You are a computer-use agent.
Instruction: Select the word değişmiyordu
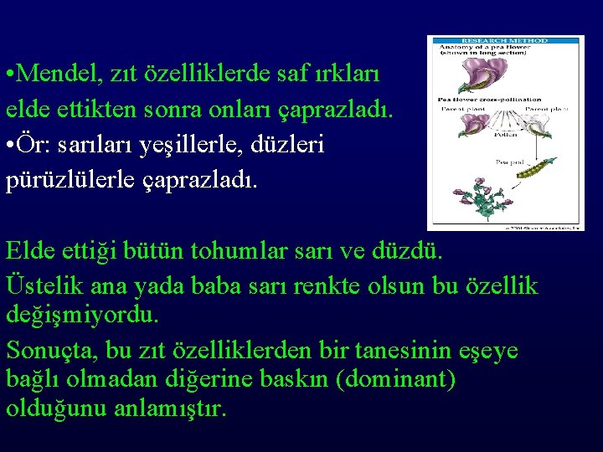(81, 315)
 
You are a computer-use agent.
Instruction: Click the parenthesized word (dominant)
(395, 379)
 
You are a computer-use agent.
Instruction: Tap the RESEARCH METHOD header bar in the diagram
(505, 40)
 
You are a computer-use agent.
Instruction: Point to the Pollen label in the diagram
(505, 132)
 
